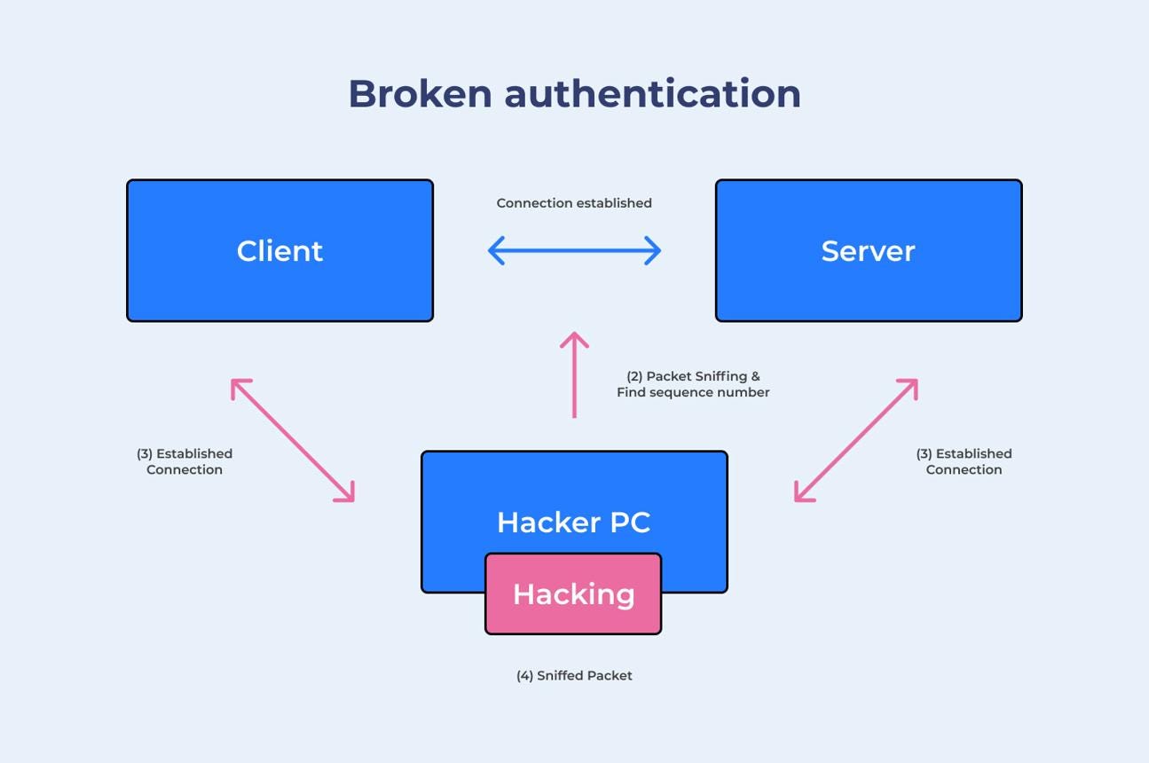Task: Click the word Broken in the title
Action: (x=421, y=94)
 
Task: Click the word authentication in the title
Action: (x=652, y=94)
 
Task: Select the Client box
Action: (x=280, y=251)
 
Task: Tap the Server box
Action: (x=869, y=251)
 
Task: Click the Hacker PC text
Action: (x=574, y=523)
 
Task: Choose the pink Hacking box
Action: (x=573, y=594)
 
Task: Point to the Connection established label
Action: (x=574, y=203)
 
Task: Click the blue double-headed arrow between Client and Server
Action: (x=575, y=251)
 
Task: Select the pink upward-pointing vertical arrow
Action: (x=575, y=374)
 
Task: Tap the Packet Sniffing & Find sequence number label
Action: (x=693, y=384)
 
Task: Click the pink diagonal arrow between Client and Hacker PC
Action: (x=293, y=440)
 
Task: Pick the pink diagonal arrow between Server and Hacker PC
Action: (x=856, y=440)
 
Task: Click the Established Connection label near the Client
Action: (x=185, y=461)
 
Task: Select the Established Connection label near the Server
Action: (x=964, y=461)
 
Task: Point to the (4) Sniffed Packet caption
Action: (x=574, y=676)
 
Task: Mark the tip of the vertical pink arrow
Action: (x=575, y=333)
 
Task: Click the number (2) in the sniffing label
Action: (x=634, y=376)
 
